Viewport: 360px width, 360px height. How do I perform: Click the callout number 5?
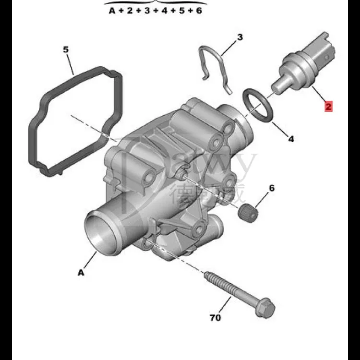point(66,49)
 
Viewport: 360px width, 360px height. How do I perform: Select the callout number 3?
point(240,37)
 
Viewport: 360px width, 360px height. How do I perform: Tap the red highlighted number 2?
point(328,107)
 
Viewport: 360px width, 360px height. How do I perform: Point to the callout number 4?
point(291,139)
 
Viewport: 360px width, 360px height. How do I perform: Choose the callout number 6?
point(272,188)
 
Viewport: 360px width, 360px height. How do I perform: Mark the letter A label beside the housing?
point(81,272)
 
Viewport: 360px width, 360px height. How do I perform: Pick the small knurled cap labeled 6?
point(248,211)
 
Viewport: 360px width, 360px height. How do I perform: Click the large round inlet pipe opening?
point(100,232)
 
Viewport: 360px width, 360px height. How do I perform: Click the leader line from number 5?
point(71,62)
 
